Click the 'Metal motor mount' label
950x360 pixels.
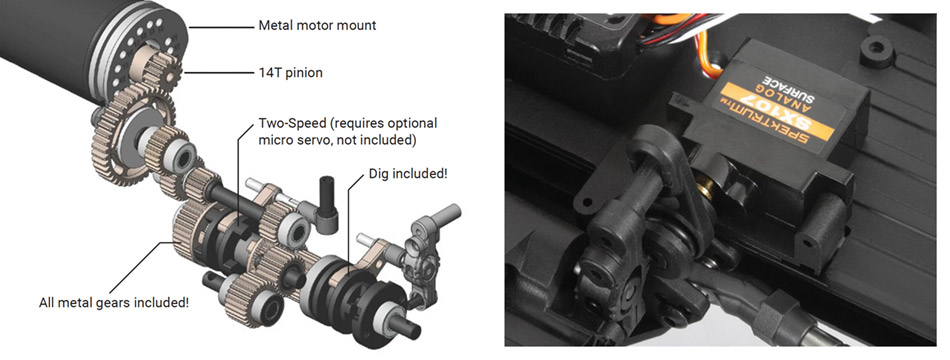coord(317,26)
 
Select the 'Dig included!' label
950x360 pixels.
coord(408,174)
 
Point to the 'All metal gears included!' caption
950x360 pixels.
coord(113,302)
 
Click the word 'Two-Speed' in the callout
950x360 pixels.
coord(290,123)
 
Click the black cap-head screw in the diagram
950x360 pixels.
coord(327,204)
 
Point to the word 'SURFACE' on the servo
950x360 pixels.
coord(782,91)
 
